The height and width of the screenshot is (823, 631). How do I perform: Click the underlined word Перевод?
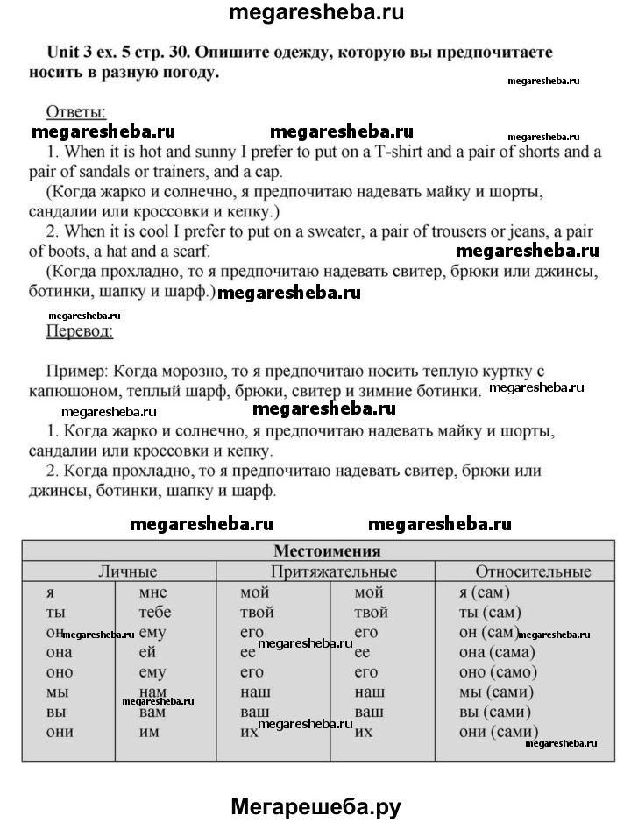[78, 331]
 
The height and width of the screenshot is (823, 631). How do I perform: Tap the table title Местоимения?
[327, 550]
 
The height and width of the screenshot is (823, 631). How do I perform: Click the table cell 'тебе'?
[155, 612]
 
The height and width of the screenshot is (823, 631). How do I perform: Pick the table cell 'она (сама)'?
[497, 652]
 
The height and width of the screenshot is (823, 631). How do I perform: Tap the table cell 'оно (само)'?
[497, 672]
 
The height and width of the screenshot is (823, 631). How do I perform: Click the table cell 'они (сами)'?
[498, 732]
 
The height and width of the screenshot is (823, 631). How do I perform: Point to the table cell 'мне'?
[152, 592]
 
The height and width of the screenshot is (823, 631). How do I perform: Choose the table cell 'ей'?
[148, 652]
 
